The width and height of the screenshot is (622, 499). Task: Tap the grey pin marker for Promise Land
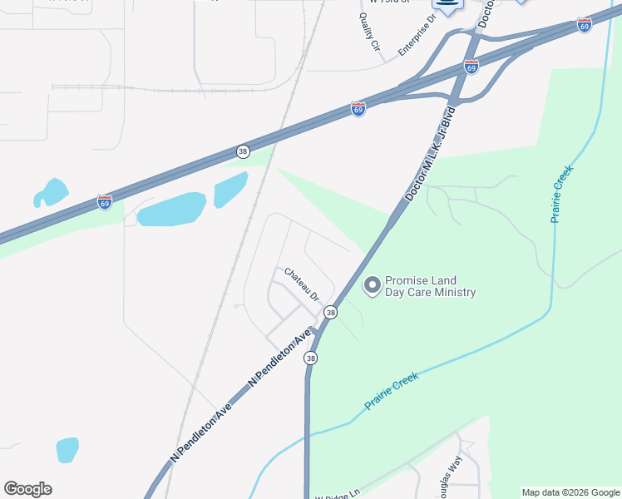point(373,286)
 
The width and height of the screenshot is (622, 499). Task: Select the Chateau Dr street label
point(302,284)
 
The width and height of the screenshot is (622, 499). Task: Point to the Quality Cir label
point(369,37)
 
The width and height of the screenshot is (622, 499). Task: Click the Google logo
point(27,489)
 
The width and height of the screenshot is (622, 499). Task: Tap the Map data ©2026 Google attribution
point(570,492)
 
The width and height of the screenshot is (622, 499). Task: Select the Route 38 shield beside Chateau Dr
point(331,312)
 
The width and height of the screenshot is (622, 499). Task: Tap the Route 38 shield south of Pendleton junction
point(310,358)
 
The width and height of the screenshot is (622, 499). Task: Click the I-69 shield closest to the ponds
point(104,202)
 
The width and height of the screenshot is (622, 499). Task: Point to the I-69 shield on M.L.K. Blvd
point(471,67)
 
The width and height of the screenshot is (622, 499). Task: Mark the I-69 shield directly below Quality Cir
point(358,109)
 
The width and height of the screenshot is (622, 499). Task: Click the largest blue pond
point(171,210)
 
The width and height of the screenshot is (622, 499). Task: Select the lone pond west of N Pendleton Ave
point(67,449)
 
